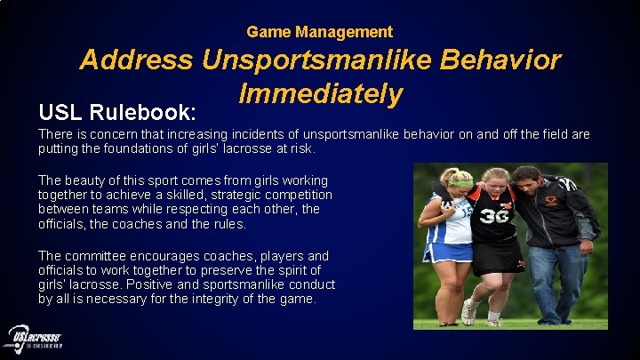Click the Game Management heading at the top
coord(319,32)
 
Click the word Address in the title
coord(136,60)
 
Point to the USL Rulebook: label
coord(116,113)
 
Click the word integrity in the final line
coord(219,299)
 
